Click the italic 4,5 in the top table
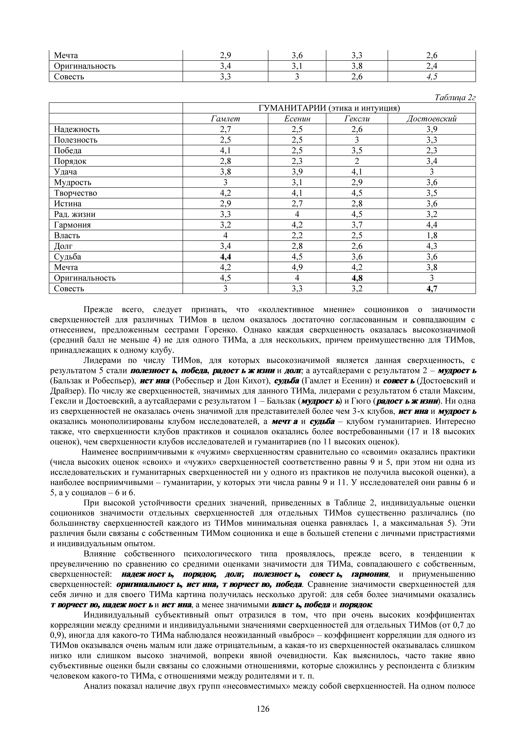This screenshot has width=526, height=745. pos(432,77)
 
